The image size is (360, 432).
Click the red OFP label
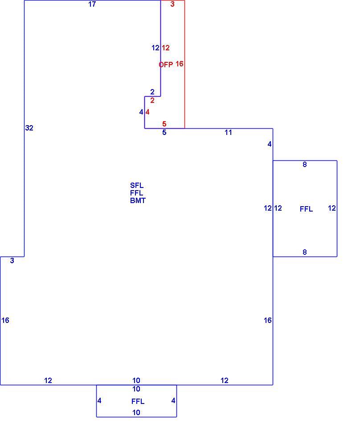coord(166,65)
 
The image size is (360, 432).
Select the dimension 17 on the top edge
coord(92,4)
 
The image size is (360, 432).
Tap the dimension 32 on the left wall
coord(29,128)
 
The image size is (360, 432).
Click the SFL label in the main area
coord(137,185)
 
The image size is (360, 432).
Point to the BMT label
coord(138,200)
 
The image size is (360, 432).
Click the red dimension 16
coord(180,64)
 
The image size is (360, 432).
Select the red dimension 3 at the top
coord(172,4)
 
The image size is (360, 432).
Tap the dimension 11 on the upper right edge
coord(228,133)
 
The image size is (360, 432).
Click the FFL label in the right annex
coord(306,209)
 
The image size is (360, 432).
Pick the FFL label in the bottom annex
coord(138,401)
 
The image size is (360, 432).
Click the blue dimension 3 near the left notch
coord(12,261)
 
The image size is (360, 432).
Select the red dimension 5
coord(164,124)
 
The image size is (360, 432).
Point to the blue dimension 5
coord(164,133)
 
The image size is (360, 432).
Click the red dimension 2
coord(152,101)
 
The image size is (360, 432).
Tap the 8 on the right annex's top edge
coord(305,164)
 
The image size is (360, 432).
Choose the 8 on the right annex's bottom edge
coord(305,252)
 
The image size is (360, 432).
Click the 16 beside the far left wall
coord(5,320)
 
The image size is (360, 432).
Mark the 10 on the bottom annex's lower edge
coord(136,412)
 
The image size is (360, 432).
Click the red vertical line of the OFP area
coord(185,64)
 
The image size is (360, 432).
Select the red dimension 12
coord(166,48)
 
